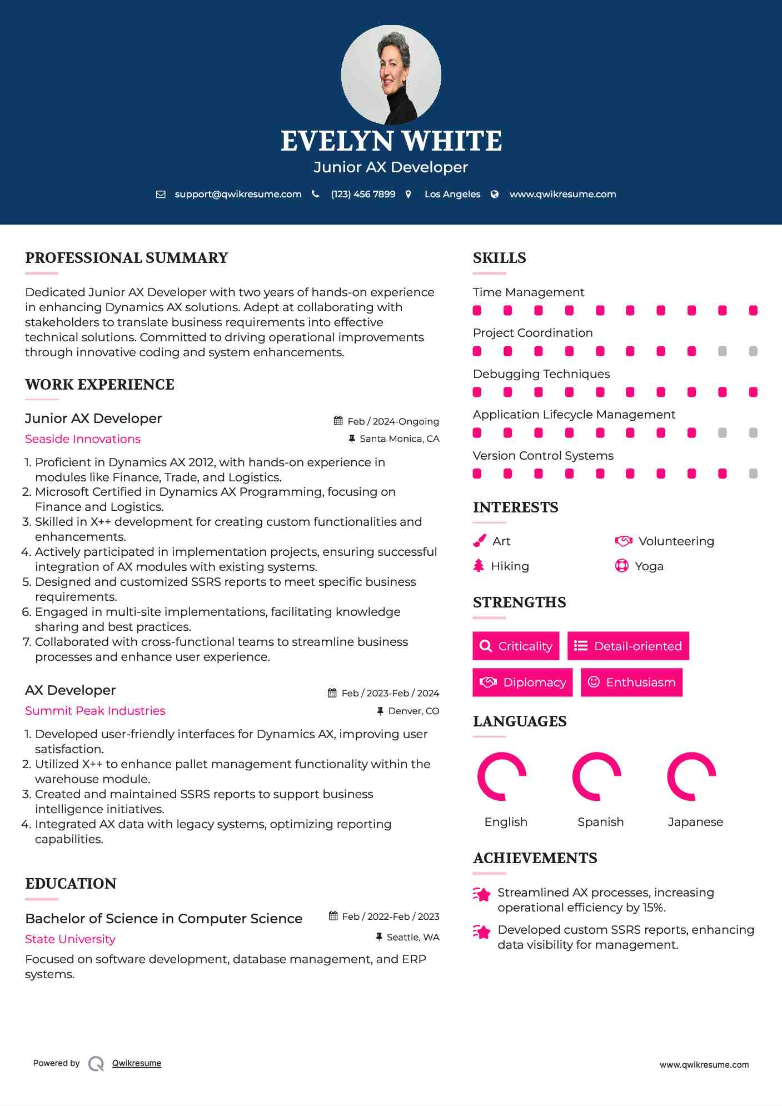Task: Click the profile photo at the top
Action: (x=391, y=74)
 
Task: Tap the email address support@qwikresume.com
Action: (x=238, y=194)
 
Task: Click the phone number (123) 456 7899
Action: (x=363, y=194)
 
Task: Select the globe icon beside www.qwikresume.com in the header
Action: (x=495, y=194)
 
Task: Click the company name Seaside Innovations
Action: (x=83, y=439)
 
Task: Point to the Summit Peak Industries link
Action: (x=95, y=711)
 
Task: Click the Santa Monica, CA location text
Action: (x=399, y=439)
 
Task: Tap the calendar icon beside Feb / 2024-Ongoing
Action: (x=338, y=421)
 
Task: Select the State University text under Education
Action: (x=70, y=939)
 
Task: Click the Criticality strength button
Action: (x=516, y=646)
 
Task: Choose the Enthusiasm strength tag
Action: (x=631, y=682)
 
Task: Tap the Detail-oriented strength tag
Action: (x=628, y=646)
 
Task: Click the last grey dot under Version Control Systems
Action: (x=753, y=474)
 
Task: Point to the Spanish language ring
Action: (x=597, y=776)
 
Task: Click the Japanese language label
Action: (x=695, y=822)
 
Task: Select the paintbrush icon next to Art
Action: (x=479, y=541)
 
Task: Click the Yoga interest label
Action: (x=649, y=566)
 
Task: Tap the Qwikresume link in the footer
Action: (x=137, y=1063)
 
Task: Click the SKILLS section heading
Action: (x=499, y=258)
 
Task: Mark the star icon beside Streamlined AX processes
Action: (x=482, y=894)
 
